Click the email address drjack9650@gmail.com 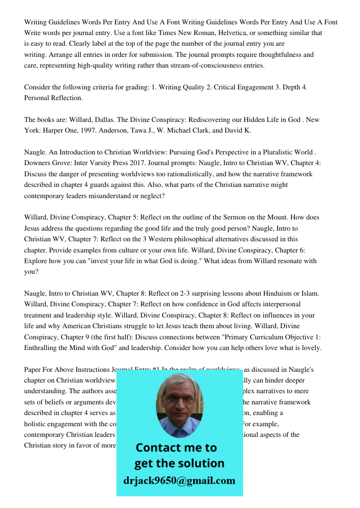[x=179, y=480]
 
